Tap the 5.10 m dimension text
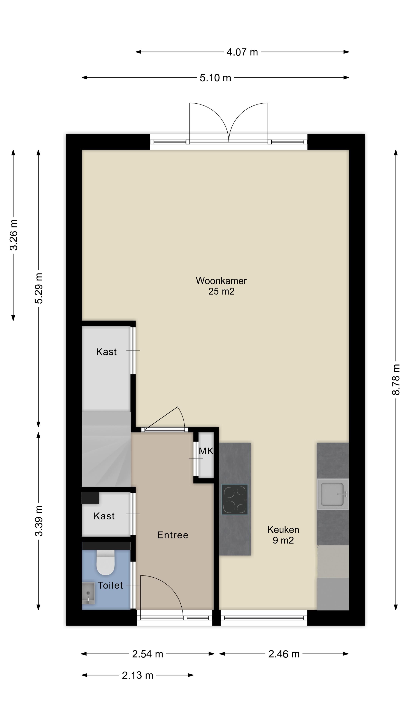215,78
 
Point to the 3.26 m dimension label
14,235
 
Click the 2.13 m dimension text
137,675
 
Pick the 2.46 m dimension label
283,654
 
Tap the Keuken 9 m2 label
283,535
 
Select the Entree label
172,535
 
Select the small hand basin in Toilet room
88,593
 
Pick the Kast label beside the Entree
104,516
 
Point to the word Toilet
110,586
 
